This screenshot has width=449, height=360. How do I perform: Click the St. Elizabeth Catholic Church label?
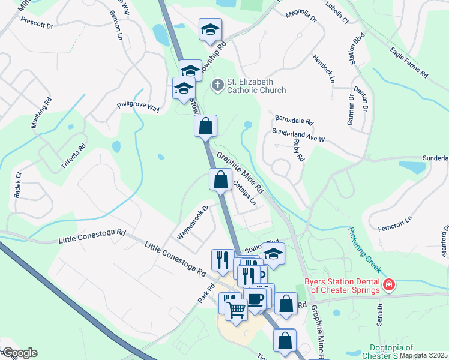256,86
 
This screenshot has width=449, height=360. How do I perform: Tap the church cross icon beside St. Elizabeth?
217,86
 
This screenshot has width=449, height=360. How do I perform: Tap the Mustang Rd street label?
38,113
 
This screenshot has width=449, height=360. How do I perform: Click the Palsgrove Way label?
137,106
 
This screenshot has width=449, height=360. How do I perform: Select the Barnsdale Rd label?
294,120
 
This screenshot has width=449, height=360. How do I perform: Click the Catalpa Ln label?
244,194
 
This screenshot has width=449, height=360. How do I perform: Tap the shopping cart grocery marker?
237,310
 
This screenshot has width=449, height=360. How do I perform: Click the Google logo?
19,353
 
